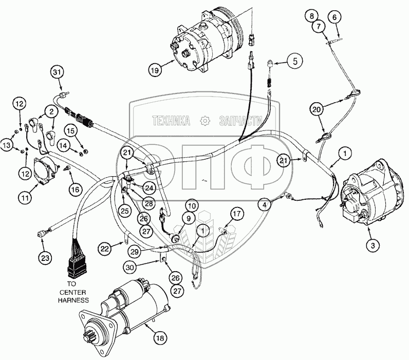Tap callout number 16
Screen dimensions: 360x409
(75, 190)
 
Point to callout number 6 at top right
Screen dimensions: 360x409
(334, 17)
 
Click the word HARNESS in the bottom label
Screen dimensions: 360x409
(73, 300)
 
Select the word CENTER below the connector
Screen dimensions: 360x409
(73, 292)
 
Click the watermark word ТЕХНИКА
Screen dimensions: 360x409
(171, 121)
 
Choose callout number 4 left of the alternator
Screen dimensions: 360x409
(265, 204)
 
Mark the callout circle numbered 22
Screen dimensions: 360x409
(105, 249)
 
